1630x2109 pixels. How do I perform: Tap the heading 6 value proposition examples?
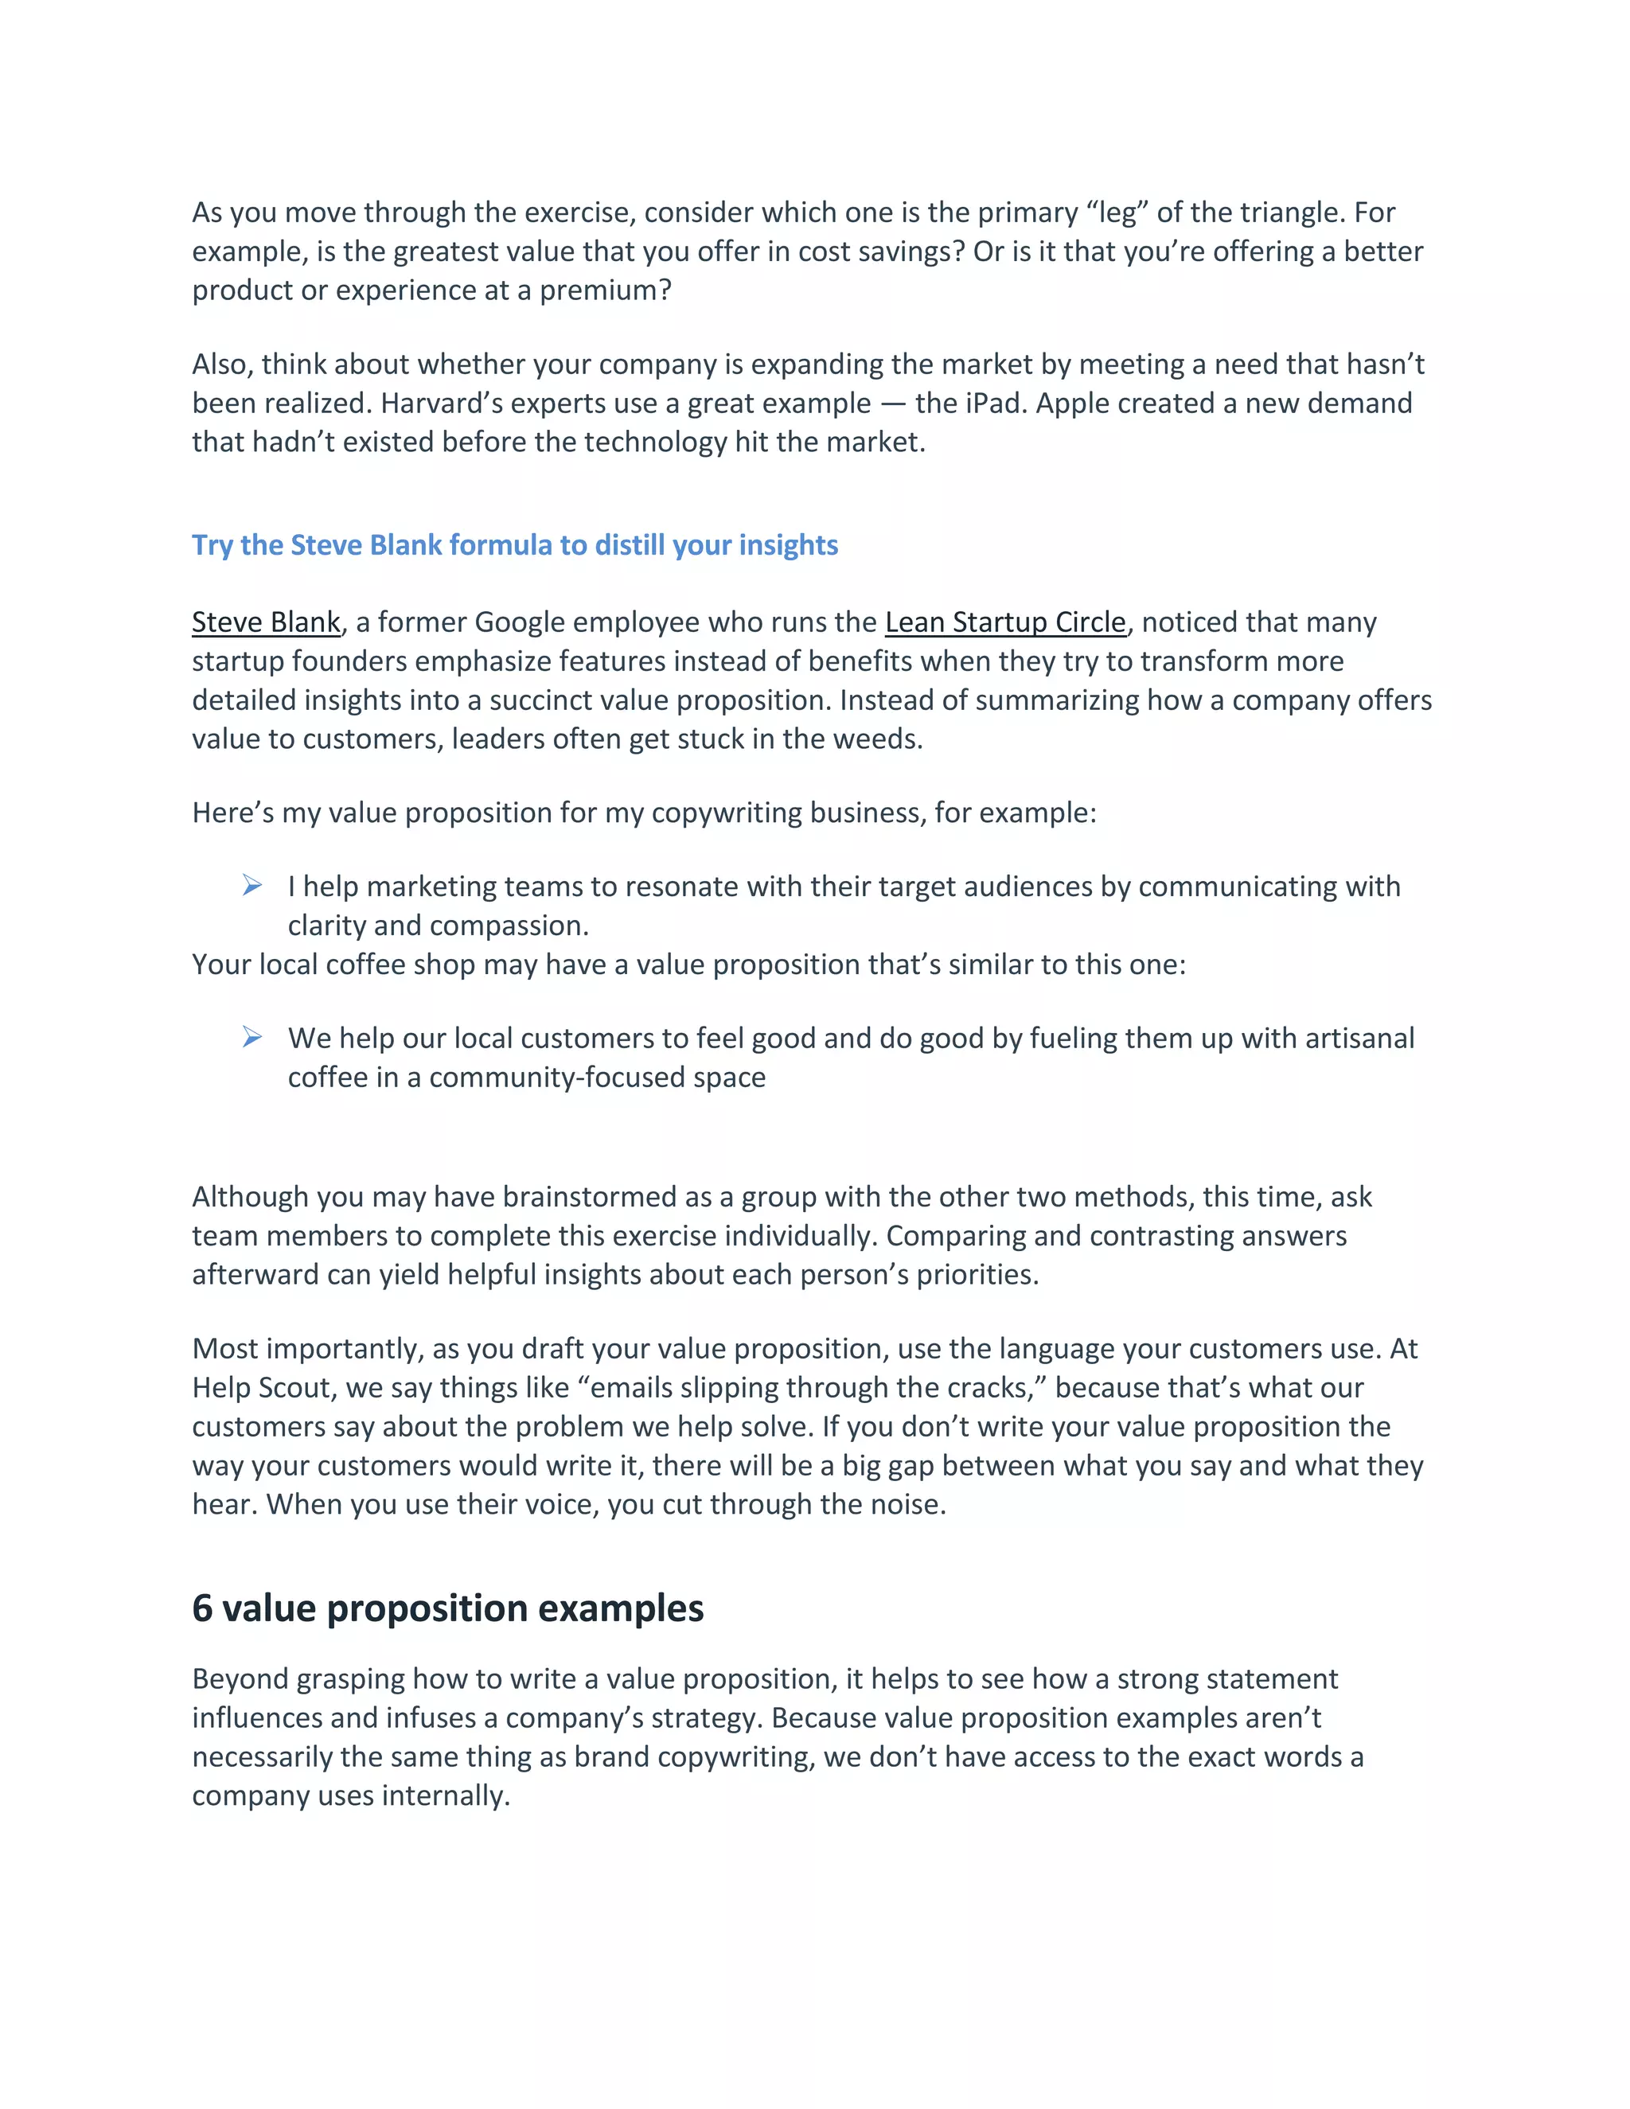coord(447,1608)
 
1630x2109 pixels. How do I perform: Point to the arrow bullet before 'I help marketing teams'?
coord(252,886)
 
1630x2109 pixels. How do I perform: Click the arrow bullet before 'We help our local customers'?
coord(252,1037)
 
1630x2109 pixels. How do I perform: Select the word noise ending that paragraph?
coord(903,1504)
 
